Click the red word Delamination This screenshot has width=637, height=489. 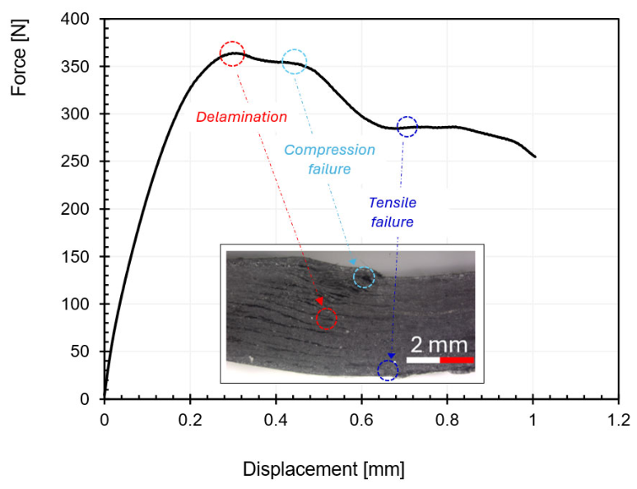click(x=241, y=117)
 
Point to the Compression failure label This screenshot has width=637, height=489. click(x=329, y=160)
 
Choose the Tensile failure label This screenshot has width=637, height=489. click(x=393, y=212)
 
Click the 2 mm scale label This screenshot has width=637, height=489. click(x=439, y=345)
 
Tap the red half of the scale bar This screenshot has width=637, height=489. click(x=457, y=360)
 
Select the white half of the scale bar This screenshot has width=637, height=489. click(x=423, y=360)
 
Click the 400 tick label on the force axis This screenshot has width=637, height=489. click(x=75, y=19)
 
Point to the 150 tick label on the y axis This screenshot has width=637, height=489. click(x=75, y=257)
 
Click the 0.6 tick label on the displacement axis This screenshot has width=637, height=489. click(x=361, y=420)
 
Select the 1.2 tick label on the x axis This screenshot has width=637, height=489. click(x=618, y=420)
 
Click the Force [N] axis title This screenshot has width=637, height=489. click(x=18, y=58)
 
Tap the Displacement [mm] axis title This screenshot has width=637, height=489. click(x=323, y=469)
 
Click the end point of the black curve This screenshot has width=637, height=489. click(x=535, y=156)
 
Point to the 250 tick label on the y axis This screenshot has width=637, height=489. click(x=75, y=161)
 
